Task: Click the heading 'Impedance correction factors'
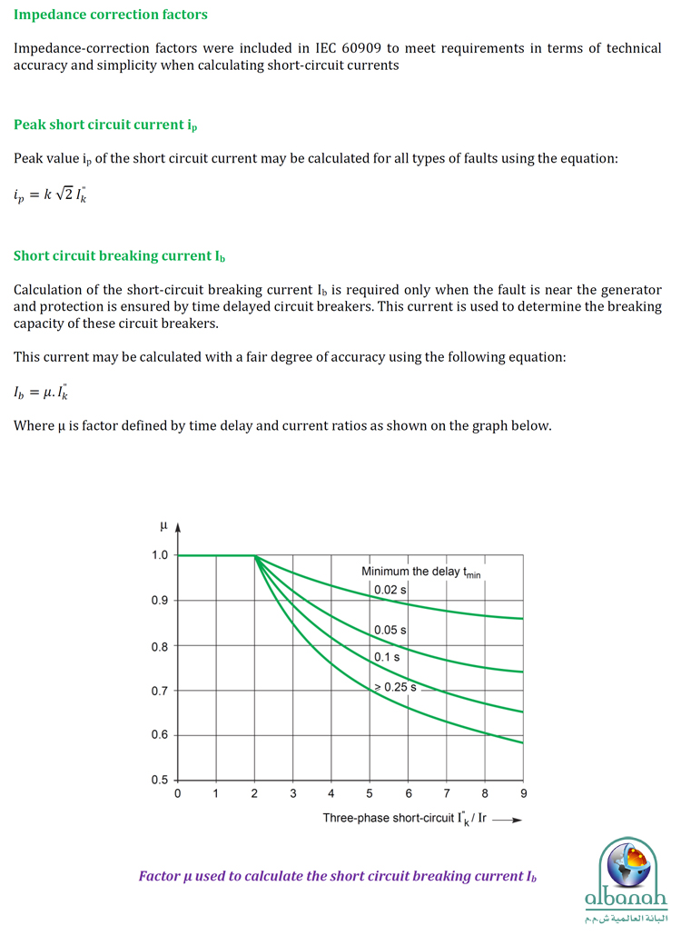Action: (111, 15)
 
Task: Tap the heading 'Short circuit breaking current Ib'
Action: (119, 256)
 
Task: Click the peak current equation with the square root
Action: (52, 193)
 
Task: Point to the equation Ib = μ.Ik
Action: (44, 392)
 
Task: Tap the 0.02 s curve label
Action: (390, 590)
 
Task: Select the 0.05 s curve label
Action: (390, 630)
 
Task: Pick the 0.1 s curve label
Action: (387, 656)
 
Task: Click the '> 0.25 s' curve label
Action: (395, 687)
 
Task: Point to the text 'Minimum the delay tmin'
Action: (420, 572)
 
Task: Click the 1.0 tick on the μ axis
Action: (160, 555)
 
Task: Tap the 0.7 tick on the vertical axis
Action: (160, 691)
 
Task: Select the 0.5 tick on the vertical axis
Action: (160, 780)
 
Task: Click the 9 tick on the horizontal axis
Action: (524, 794)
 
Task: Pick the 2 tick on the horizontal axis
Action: (254, 794)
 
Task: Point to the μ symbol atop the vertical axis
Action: (163, 526)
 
